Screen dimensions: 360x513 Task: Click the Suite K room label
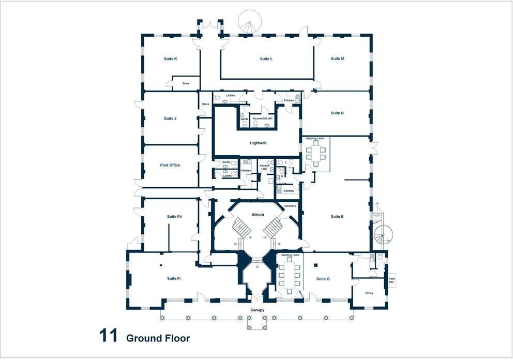170,59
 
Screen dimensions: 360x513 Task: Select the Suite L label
266,59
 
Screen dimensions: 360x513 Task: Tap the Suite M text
337,59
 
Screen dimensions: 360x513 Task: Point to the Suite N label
337,113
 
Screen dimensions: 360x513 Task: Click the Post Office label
170,165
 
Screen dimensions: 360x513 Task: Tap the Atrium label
258,215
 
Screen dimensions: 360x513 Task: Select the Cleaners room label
290,206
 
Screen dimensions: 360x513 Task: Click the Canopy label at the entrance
257,310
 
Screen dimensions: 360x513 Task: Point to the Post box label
391,280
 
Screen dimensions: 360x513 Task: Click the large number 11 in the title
109,337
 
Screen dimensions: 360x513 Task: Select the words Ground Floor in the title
158,339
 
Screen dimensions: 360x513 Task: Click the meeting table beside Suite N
315,153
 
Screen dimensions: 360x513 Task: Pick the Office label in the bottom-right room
369,293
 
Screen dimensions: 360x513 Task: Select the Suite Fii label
174,217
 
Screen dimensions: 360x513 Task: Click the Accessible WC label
263,119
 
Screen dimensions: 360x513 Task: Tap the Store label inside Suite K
186,83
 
